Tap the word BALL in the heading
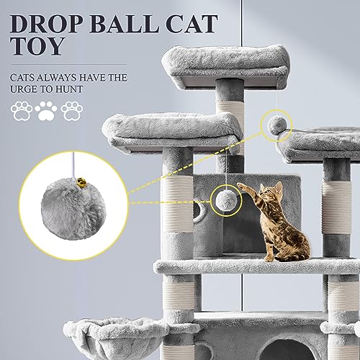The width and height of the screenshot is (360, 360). coord(124,24)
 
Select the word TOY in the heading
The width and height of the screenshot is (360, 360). coord(37,46)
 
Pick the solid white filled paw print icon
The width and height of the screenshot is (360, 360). coord(46,111)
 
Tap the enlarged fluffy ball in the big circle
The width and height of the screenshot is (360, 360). coord(73,210)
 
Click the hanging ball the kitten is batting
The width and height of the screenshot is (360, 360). coord(225,200)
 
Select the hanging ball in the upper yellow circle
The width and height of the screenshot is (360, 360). coord(278,125)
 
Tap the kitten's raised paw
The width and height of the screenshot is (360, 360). coord(241,186)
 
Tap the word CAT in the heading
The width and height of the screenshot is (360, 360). coord(192,24)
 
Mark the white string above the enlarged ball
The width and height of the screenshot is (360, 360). coord(74,166)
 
